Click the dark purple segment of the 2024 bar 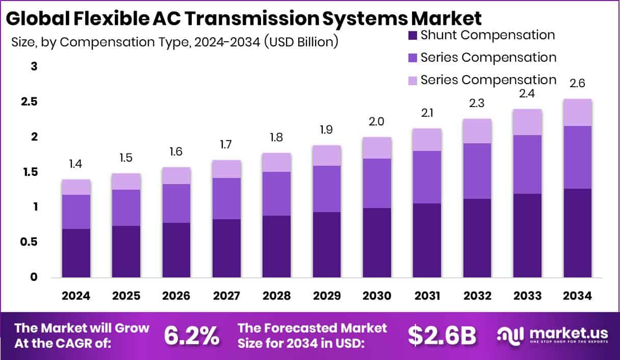pos(76,253)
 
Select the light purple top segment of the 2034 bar pos(577,112)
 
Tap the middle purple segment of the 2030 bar pos(377,183)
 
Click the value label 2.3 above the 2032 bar pos(477,103)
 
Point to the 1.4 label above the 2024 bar pos(76,164)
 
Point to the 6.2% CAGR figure pos(192,335)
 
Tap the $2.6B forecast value pos(442,335)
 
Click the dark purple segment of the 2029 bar pos(327,245)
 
